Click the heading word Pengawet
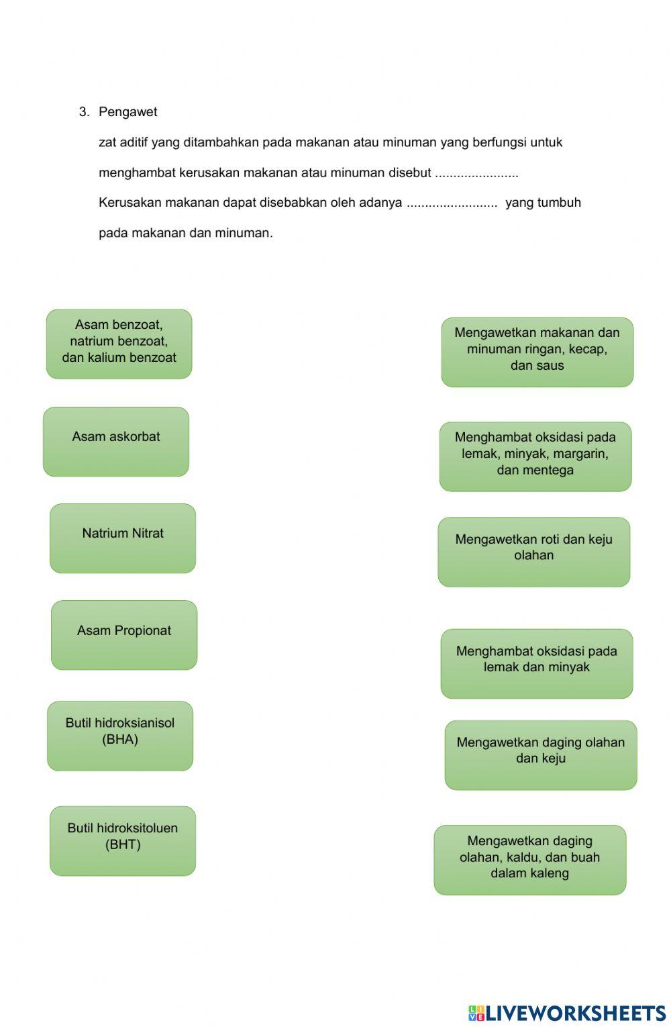click(x=127, y=112)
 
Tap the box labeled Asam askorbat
click(x=116, y=442)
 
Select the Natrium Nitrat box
click(x=123, y=538)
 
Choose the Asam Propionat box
click(x=124, y=635)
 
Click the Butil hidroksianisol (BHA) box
click(x=120, y=736)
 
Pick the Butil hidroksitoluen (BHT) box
click(x=123, y=840)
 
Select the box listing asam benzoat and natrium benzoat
click(x=119, y=344)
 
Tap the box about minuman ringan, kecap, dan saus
click(x=537, y=352)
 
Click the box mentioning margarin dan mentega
click(x=535, y=456)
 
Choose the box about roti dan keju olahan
click(x=534, y=552)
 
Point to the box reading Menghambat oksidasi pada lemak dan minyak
click(x=537, y=663)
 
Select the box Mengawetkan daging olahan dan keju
click(x=541, y=754)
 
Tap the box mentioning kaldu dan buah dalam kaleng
click(x=530, y=859)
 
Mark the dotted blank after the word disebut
click(x=476, y=173)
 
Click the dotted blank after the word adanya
click(x=452, y=203)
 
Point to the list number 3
click(x=84, y=112)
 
